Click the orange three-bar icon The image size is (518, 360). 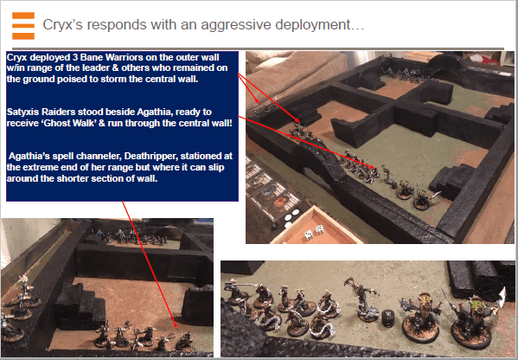23,26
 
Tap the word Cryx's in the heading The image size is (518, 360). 63,25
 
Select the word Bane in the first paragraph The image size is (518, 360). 93,57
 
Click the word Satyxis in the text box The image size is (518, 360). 24,112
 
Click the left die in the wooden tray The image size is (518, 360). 309,235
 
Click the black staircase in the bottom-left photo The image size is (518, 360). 80,305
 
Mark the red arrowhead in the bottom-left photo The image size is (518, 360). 175,325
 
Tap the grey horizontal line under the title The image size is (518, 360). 258,48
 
